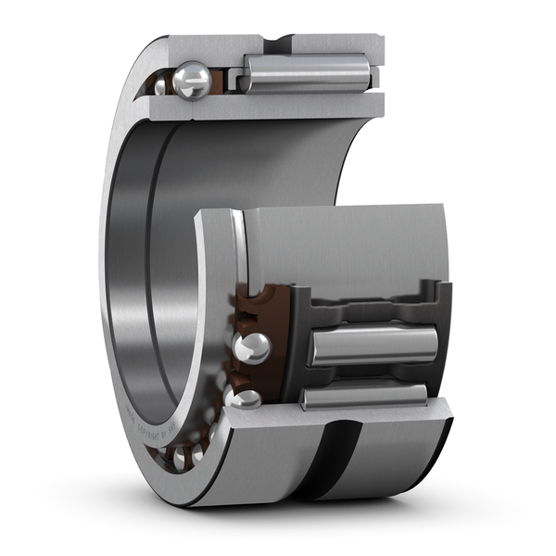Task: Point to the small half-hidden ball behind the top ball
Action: (161, 86)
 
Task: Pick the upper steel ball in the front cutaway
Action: (251, 347)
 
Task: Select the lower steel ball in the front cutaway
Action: (246, 398)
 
